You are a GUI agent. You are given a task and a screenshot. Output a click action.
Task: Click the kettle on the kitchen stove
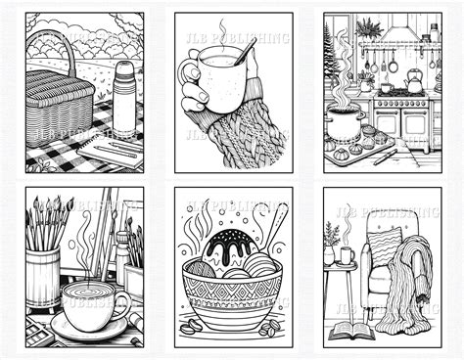(x=415, y=83)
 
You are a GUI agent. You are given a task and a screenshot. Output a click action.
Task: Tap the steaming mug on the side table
(x=347, y=257)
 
